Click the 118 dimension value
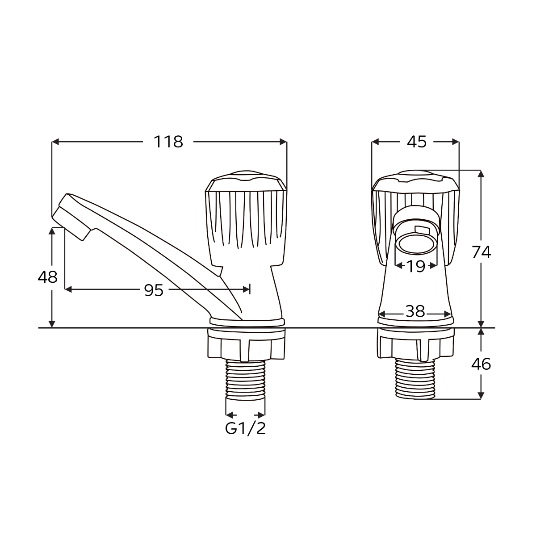click(x=168, y=142)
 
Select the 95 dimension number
click(x=154, y=290)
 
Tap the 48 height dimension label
click(x=47, y=277)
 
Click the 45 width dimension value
click(x=417, y=142)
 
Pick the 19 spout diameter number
click(x=416, y=267)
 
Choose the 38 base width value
click(x=415, y=311)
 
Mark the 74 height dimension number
click(x=481, y=252)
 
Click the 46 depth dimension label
click(x=481, y=364)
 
